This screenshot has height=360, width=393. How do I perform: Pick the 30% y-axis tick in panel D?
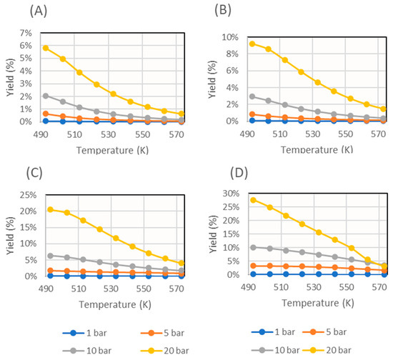pos(227,194)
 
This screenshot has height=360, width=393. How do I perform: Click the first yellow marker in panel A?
pos(46,48)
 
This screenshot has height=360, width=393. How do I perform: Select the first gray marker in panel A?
pos(46,96)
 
